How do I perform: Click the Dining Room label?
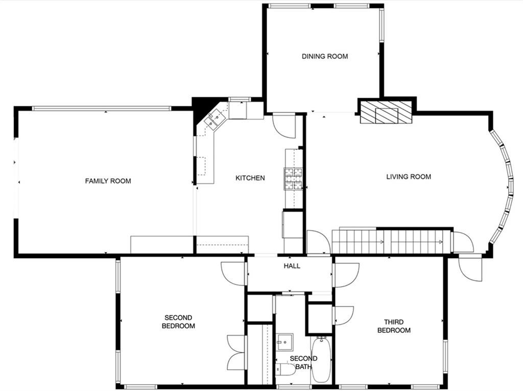[x=325, y=56]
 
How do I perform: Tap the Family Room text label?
[x=108, y=181]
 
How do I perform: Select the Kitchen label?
[x=250, y=178]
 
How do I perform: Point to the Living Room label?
[x=408, y=177]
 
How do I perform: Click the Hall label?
[x=292, y=266]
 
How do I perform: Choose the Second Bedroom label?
[x=178, y=321]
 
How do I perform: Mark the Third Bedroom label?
[x=394, y=326]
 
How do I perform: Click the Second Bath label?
[x=303, y=362]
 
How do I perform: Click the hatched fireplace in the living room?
[x=386, y=112]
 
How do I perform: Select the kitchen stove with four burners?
[x=293, y=179]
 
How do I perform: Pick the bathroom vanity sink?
[x=284, y=340]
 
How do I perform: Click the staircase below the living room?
[x=391, y=241]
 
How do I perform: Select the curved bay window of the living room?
[x=504, y=187]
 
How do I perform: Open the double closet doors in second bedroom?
[x=236, y=352]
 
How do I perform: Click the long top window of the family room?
[x=102, y=108]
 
